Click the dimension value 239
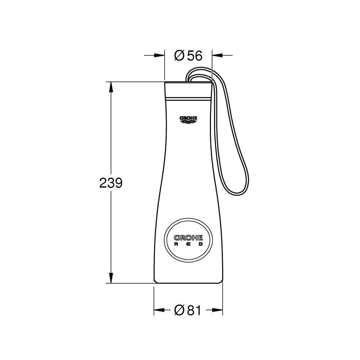click(x=111, y=183)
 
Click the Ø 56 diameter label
click(x=188, y=55)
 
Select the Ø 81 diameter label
click(x=187, y=310)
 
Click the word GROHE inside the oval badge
click(x=188, y=238)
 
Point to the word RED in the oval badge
click(x=188, y=244)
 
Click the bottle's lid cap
click(x=188, y=90)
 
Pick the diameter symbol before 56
click(x=180, y=55)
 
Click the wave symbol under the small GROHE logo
click(x=188, y=122)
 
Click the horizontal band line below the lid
click(x=188, y=98)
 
